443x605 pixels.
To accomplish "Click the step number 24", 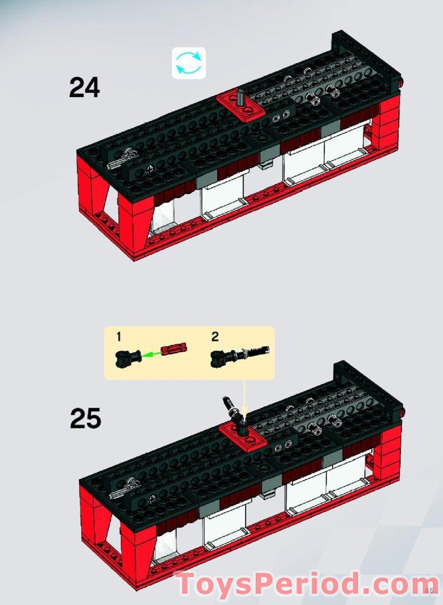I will pos(84,88).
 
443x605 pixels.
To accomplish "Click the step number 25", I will pos(85,418).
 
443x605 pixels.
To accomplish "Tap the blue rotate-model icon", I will pos(189,63).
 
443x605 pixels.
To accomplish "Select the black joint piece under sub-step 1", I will pos(128,359).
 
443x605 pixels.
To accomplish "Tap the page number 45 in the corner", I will pos(429,590).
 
